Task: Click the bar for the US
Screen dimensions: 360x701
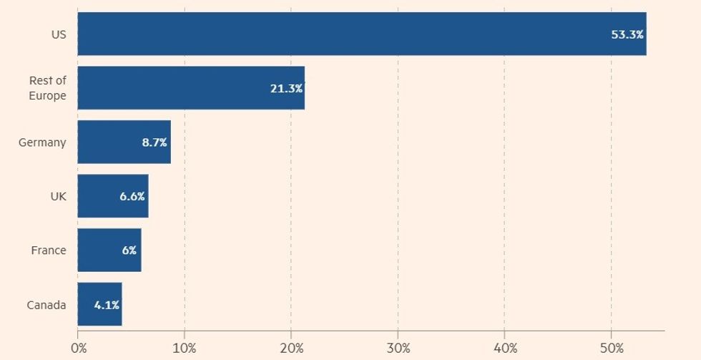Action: [361, 34]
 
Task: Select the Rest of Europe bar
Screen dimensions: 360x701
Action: [191, 88]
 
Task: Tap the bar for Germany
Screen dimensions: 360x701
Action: [124, 142]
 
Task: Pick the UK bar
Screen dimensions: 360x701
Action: [112, 196]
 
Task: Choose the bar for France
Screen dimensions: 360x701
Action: [109, 250]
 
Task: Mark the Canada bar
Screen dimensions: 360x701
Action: [99, 304]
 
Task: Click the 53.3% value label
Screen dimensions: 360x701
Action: [627, 34]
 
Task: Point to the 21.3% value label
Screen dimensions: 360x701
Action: [286, 88]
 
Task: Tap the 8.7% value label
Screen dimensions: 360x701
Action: [155, 142]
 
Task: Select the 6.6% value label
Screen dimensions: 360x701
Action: [132, 196]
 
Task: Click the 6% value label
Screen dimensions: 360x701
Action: [129, 250]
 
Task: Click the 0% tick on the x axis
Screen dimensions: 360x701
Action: [79, 348]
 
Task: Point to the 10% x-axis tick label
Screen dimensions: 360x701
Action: [185, 348]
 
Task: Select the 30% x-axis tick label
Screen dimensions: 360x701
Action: [398, 348]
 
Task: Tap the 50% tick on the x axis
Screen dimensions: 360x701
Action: [612, 348]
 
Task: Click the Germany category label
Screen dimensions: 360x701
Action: [42, 142]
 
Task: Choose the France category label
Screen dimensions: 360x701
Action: [49, 250]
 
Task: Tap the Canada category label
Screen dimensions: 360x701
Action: [46, 305]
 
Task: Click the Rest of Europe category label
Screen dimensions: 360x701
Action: [48, 88]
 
